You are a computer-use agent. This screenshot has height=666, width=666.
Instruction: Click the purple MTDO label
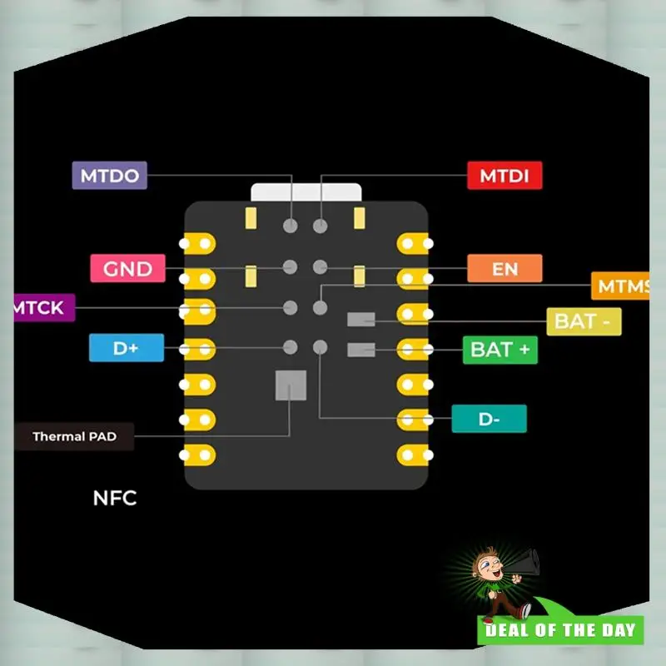[109, 176]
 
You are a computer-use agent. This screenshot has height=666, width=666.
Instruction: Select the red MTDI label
[504, 176]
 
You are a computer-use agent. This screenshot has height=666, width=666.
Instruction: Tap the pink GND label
[127, 269]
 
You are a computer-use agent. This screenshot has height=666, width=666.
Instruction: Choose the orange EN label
[504, 269]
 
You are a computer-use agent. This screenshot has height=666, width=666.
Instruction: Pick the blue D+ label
[126, 348]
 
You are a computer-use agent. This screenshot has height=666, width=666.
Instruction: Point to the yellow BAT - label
[584, 321]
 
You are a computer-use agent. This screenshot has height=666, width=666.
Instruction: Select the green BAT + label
[499, 350]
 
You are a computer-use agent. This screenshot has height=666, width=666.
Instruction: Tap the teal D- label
[489, 419]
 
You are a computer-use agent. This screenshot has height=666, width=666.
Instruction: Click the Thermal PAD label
[74, 436]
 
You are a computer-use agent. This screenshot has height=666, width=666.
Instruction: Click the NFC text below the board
[114, 499]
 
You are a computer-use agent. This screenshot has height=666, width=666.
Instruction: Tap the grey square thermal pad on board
[290, 385]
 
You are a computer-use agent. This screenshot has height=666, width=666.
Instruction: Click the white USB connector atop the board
[306, 192]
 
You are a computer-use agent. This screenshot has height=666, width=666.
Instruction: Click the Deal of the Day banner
[561, 629]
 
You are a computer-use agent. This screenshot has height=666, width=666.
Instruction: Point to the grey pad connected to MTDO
[291, 226]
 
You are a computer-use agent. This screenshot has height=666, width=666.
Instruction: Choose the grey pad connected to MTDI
[320, 226]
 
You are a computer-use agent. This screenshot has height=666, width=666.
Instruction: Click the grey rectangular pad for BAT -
[360, 319]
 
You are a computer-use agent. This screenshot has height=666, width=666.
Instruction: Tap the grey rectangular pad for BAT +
[360, 350]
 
